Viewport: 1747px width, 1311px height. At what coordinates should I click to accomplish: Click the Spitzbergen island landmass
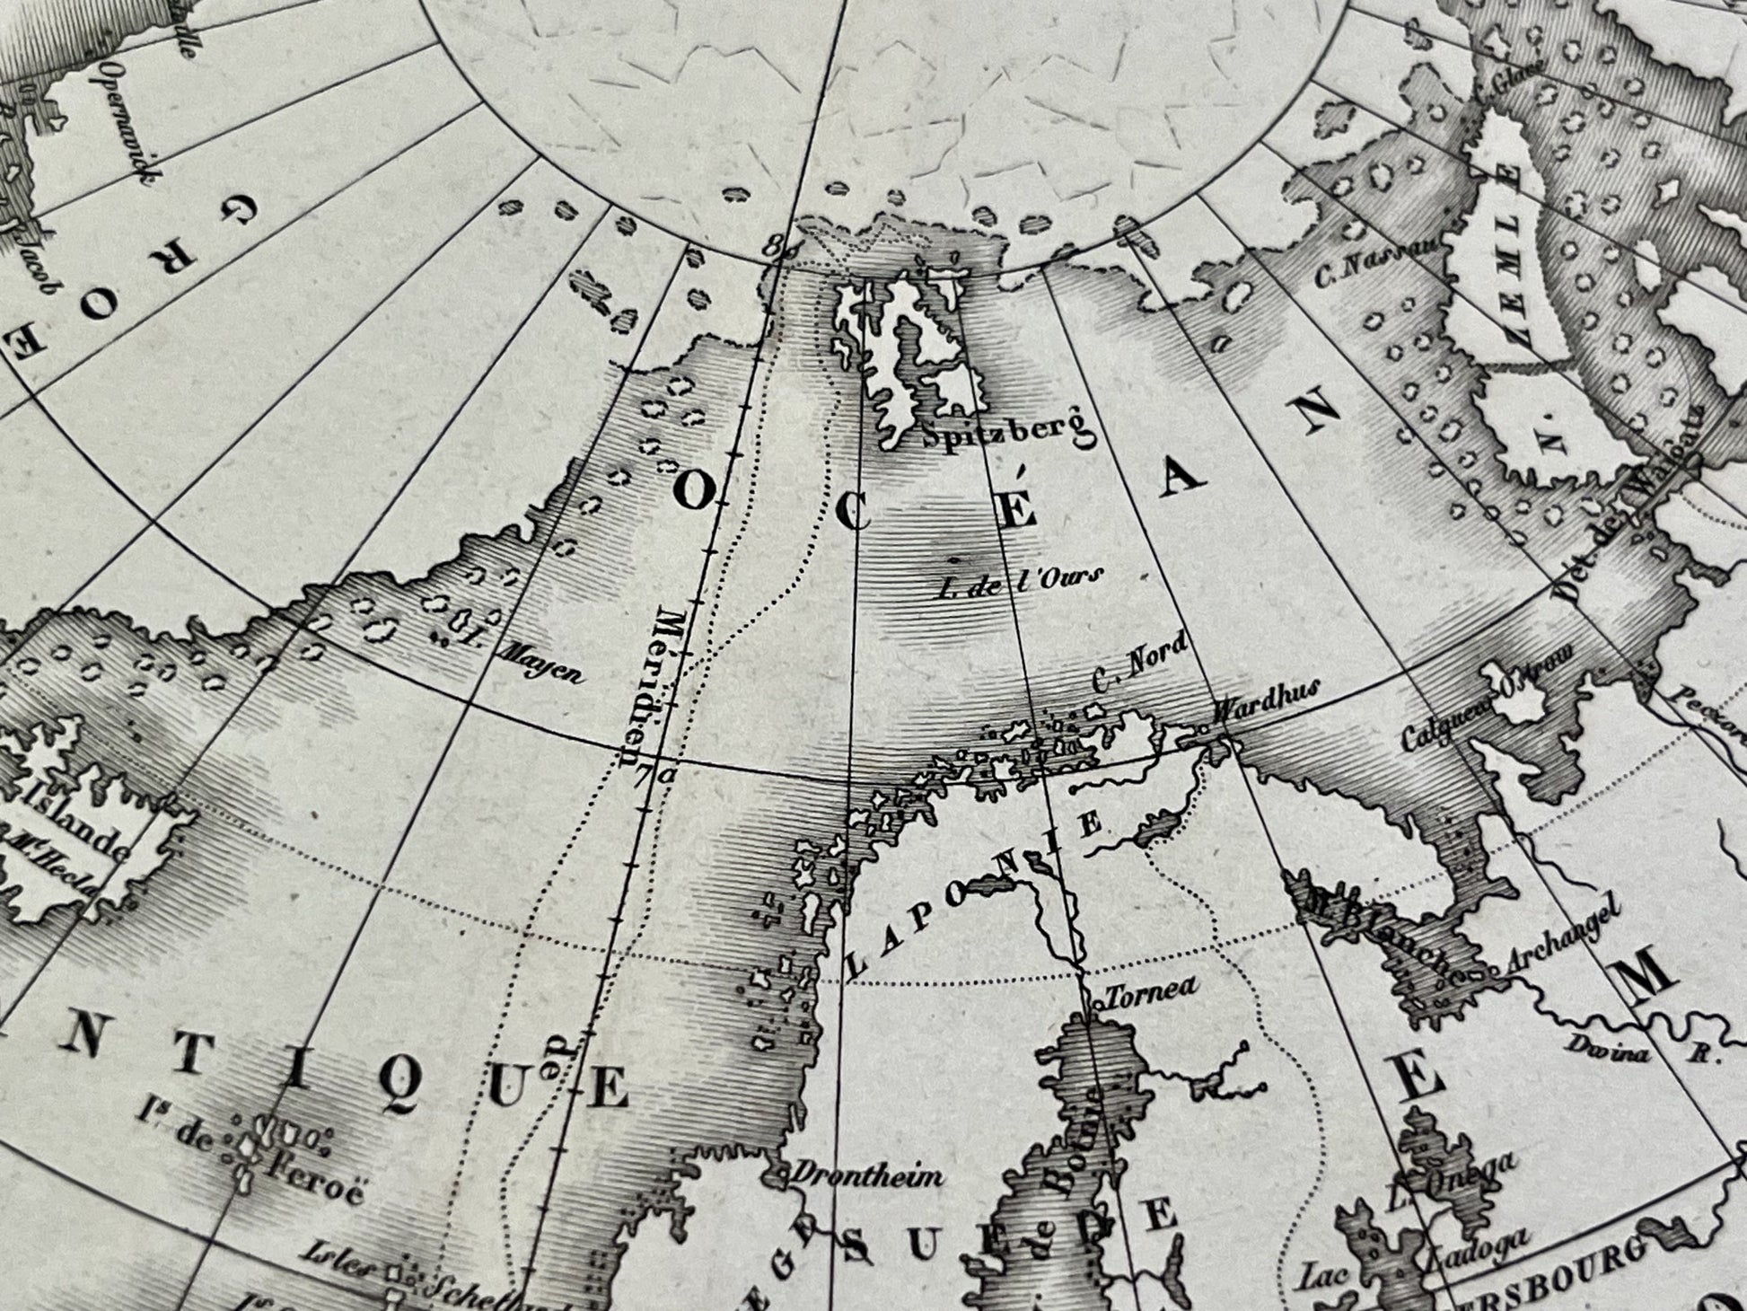click(x=916, y=350)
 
